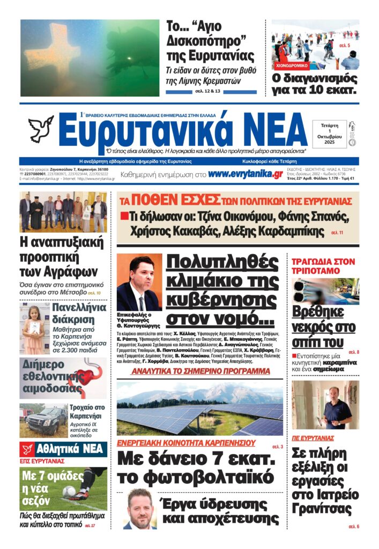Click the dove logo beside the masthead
(x=41, y=129)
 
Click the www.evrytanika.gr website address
(x=246, y=174)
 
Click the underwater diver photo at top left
(x=90, y=58)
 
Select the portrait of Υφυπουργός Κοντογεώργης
(x=139, y=283)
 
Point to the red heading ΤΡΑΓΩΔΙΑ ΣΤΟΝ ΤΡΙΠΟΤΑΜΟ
(x=323, y=266)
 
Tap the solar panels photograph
(x=199, y=409)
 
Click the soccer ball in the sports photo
(x=69, y=491)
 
